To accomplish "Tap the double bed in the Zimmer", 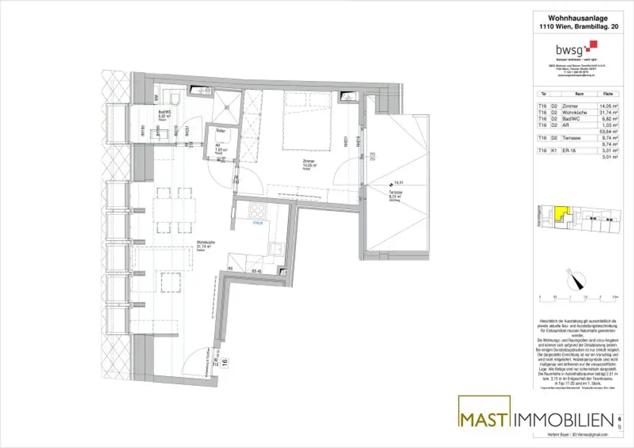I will click(x=308, y=121).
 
